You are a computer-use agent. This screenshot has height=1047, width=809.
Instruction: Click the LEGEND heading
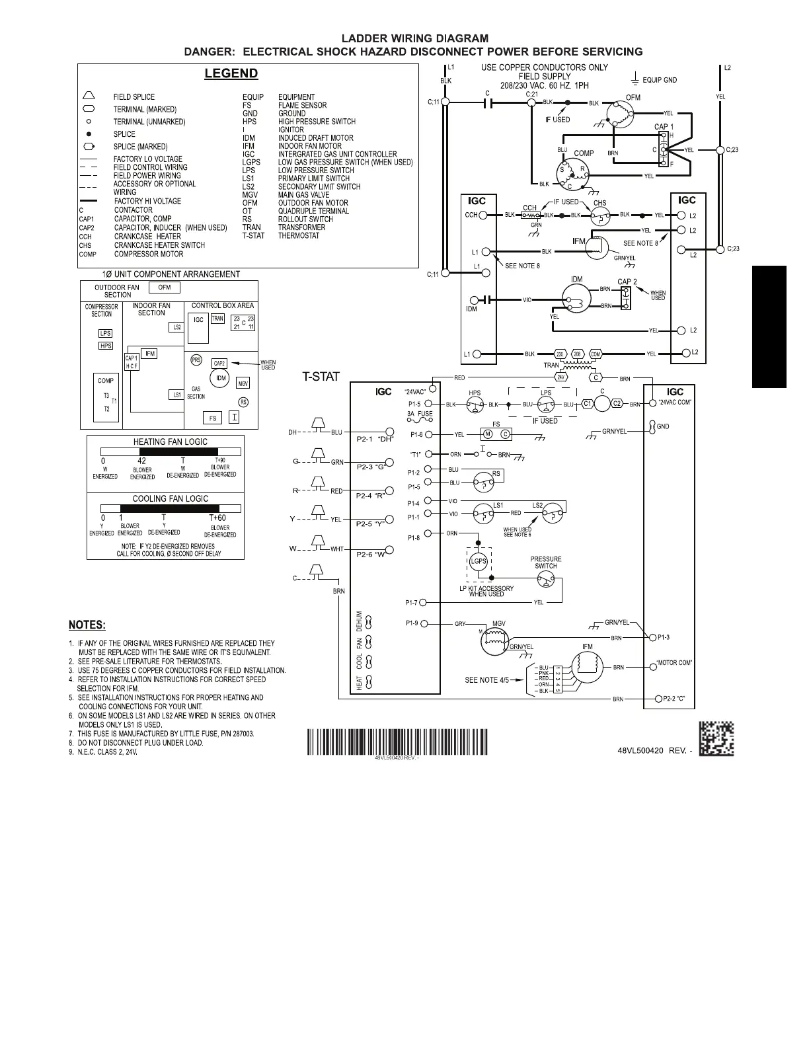click(231, 73)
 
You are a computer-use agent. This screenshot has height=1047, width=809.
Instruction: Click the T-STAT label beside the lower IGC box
click(321, 377)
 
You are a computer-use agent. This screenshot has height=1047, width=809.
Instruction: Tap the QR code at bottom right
click(716, 739)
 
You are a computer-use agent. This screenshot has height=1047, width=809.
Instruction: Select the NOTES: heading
click(87, 625)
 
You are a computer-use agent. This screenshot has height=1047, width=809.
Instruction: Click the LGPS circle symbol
click(478, 561)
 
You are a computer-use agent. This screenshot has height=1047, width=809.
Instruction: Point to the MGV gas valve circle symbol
click(492, 640)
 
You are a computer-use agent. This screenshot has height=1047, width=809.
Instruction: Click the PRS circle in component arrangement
click(196, 360)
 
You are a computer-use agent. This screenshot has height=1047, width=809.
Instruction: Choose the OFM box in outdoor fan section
click(165, 288)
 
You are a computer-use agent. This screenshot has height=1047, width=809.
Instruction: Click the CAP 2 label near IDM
click(627, 282)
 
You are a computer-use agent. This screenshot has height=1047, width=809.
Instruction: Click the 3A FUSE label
click(420, 414)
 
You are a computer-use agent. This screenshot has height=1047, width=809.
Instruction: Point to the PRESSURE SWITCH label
click(546, 562)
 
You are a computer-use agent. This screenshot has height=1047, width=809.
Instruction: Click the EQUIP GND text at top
click(660, 80)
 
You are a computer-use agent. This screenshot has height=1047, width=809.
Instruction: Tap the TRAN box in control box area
click(217, 319)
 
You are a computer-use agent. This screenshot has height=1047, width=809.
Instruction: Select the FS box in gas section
click(213, 418)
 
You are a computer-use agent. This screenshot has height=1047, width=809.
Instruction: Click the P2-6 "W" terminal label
click(371, 554)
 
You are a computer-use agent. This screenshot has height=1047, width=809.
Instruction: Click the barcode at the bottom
click(397, 742)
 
